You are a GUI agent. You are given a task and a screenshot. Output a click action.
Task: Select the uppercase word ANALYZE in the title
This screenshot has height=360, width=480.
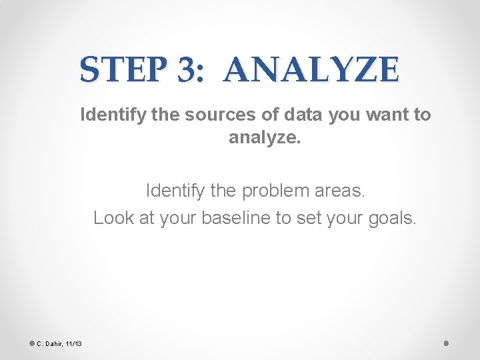point(312,69)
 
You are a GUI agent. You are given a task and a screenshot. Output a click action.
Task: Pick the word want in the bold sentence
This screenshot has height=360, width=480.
point(389,115)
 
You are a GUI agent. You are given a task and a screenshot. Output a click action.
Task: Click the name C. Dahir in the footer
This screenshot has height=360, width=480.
point(50,343)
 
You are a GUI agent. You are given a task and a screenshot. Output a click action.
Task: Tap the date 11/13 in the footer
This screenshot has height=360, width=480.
point(73,343)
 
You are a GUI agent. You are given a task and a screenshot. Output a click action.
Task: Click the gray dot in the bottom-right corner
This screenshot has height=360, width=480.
point(446,343)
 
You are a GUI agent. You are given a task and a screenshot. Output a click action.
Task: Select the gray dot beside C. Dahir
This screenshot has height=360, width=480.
point(32,343)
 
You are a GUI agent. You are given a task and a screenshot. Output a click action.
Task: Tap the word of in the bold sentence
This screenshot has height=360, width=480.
point(271,115)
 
